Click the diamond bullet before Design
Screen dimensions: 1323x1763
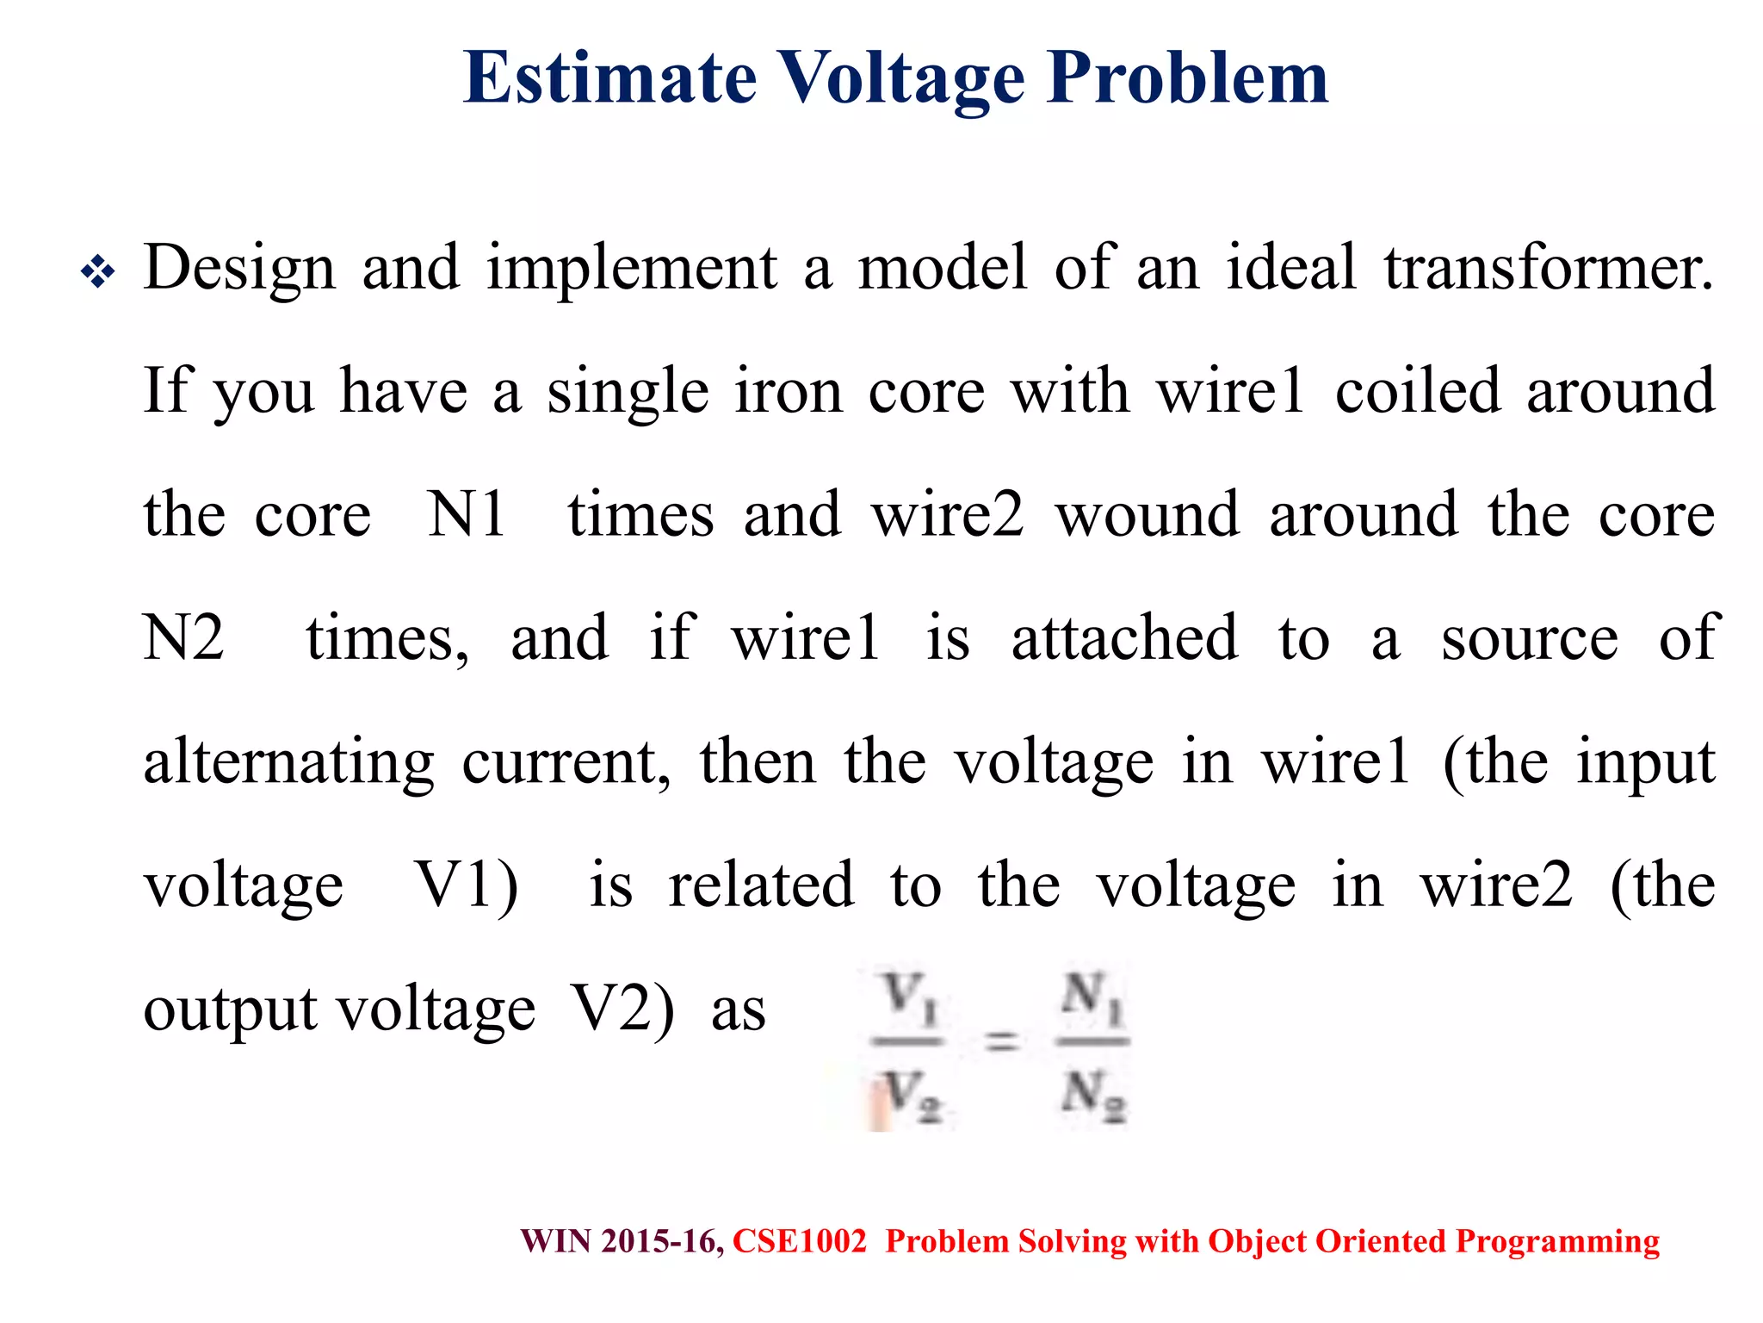[98, 273]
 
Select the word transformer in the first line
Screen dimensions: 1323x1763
[1548, 268]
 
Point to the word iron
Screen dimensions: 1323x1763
[789, 392]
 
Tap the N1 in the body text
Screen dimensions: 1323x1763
[467, 515]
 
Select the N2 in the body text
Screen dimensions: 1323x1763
[183, 638]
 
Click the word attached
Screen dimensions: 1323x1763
[1124, 638]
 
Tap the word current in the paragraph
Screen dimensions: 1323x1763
[566, 762]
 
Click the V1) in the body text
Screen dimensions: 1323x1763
[467, 886]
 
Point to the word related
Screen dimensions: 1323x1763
[761, 885]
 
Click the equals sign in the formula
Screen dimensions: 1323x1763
[1001, 1041]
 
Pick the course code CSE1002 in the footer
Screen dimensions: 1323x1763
[799, 1241]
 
